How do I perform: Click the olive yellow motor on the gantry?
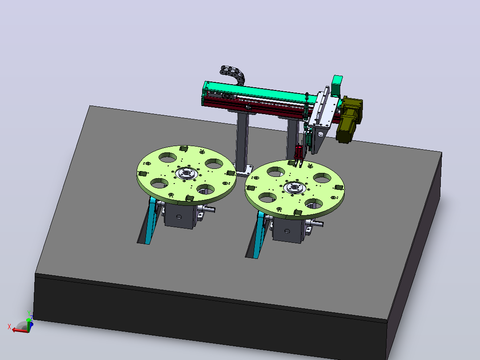click(350, 119)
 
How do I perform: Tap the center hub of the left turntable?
click(186, 174)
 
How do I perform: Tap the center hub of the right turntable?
click(294, 187)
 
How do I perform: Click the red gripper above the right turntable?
click(298, 155)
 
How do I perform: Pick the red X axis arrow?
click(20, 330)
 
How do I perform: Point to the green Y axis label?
click(28, 313)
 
